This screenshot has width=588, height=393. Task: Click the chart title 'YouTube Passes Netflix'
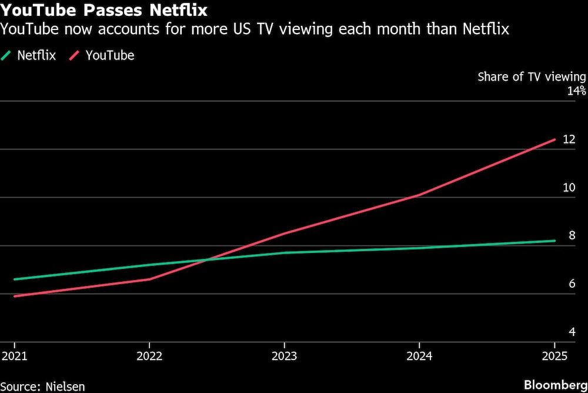(x=103, y=10)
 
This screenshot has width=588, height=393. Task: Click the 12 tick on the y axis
(x=569, y=139)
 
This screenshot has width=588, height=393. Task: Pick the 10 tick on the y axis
(x=569, y=188)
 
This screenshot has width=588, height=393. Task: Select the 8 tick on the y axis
(x=572, y=236)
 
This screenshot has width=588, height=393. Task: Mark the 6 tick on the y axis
(x=572, y=284)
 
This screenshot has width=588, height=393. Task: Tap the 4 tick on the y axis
(x=572, y=332)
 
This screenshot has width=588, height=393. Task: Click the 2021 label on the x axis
(x=14, y=356)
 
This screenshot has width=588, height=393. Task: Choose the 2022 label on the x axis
(x=149, y=356)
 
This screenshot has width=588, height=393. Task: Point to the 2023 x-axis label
(x=285, y=356)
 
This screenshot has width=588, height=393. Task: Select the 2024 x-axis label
(x=420, y=356)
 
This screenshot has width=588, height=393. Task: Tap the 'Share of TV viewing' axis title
(x=532, y=76)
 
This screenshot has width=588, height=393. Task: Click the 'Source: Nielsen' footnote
(x=43, y=387)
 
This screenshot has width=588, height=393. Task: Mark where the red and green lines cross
(x=207, y=259)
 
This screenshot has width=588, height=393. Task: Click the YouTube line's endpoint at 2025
(x=555, y=139)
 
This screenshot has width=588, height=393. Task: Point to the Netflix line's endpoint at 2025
(x=555, y=241)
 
